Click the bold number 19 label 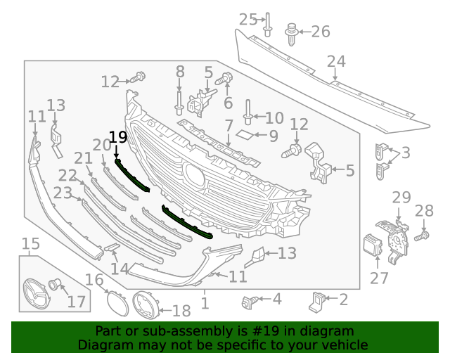(x=117, y=136)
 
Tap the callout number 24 (x=335, y=63)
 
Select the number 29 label (x=401, y=198)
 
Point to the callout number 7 (x=229, y=127)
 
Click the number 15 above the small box (x=30, y=245)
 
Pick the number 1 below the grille (x=205, y=304)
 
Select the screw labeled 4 (x=247, y=301)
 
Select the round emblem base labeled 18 (x=145, y=307)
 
